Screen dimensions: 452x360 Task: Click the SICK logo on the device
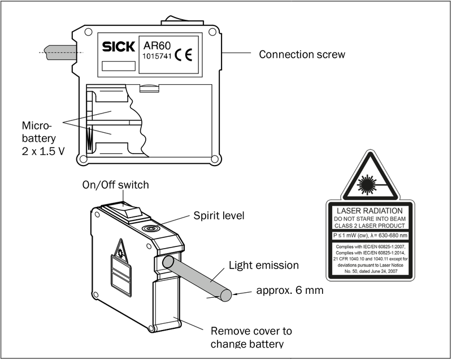[119, 46]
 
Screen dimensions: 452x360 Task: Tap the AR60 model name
[157, 46]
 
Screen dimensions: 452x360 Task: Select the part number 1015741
[157, 56]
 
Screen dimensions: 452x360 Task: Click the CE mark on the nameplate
[183, 55]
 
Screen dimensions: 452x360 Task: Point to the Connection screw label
[302, 54]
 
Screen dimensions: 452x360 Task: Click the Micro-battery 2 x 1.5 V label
[43, 138]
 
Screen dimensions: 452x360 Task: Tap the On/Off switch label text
[116, 185]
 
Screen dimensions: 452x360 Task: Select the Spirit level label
[219, 215]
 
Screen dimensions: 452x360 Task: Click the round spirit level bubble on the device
[150, 228]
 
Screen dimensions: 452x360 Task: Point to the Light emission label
[264, 265]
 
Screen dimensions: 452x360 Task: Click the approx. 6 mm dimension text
[290, 290]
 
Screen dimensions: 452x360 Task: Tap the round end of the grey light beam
[225, 295]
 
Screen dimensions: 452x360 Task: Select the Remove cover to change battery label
[251, 337]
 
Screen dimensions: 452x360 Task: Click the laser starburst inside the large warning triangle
[367, 184]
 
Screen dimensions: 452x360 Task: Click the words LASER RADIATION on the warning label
[370, 211]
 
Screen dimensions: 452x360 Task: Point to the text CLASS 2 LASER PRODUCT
[370, 225]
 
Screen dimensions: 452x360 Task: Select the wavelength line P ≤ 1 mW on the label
[370, 236]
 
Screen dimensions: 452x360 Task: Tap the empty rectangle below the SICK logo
[119, 66]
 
